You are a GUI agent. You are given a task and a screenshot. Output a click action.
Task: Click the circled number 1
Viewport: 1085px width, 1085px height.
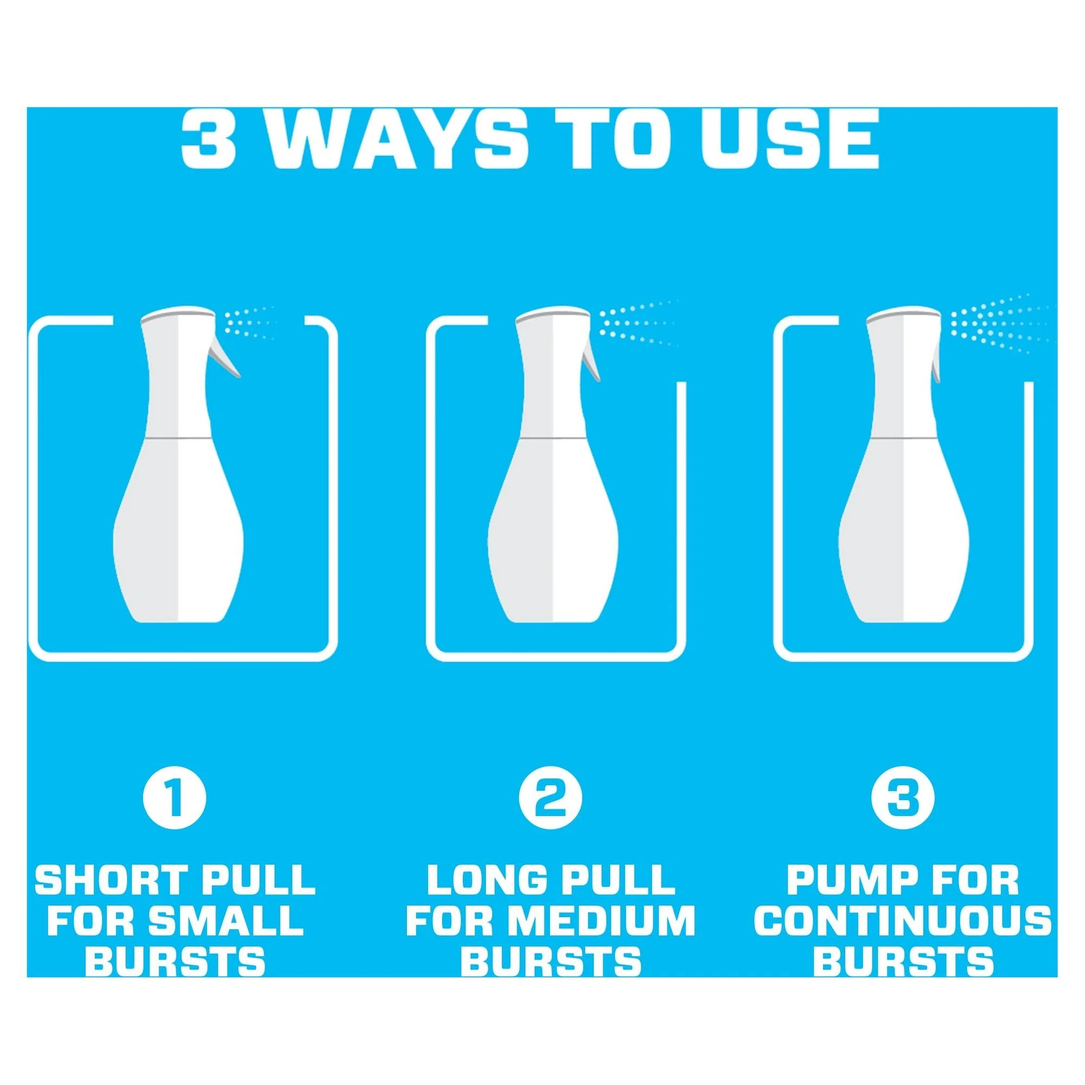(x=175, y=798)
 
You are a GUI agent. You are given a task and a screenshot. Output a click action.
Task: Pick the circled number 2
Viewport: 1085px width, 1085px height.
(x=550, y=798)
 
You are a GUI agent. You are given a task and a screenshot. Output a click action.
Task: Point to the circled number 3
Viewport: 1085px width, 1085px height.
(x=903, y=798)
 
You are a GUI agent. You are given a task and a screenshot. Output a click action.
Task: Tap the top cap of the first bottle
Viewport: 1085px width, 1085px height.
(x=177, y=315)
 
